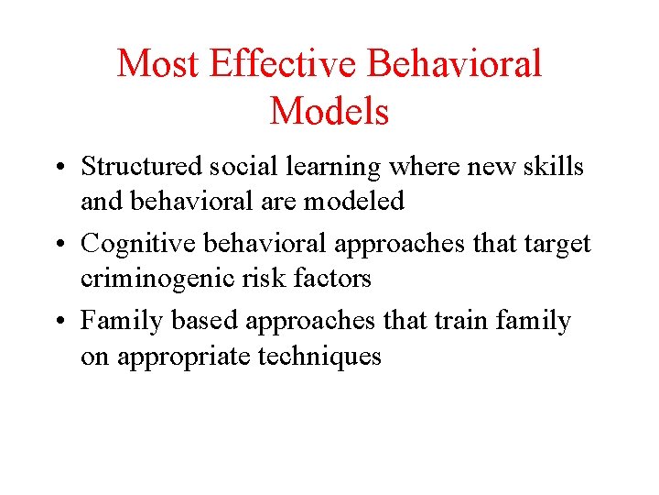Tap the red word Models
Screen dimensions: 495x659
point(329,112)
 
